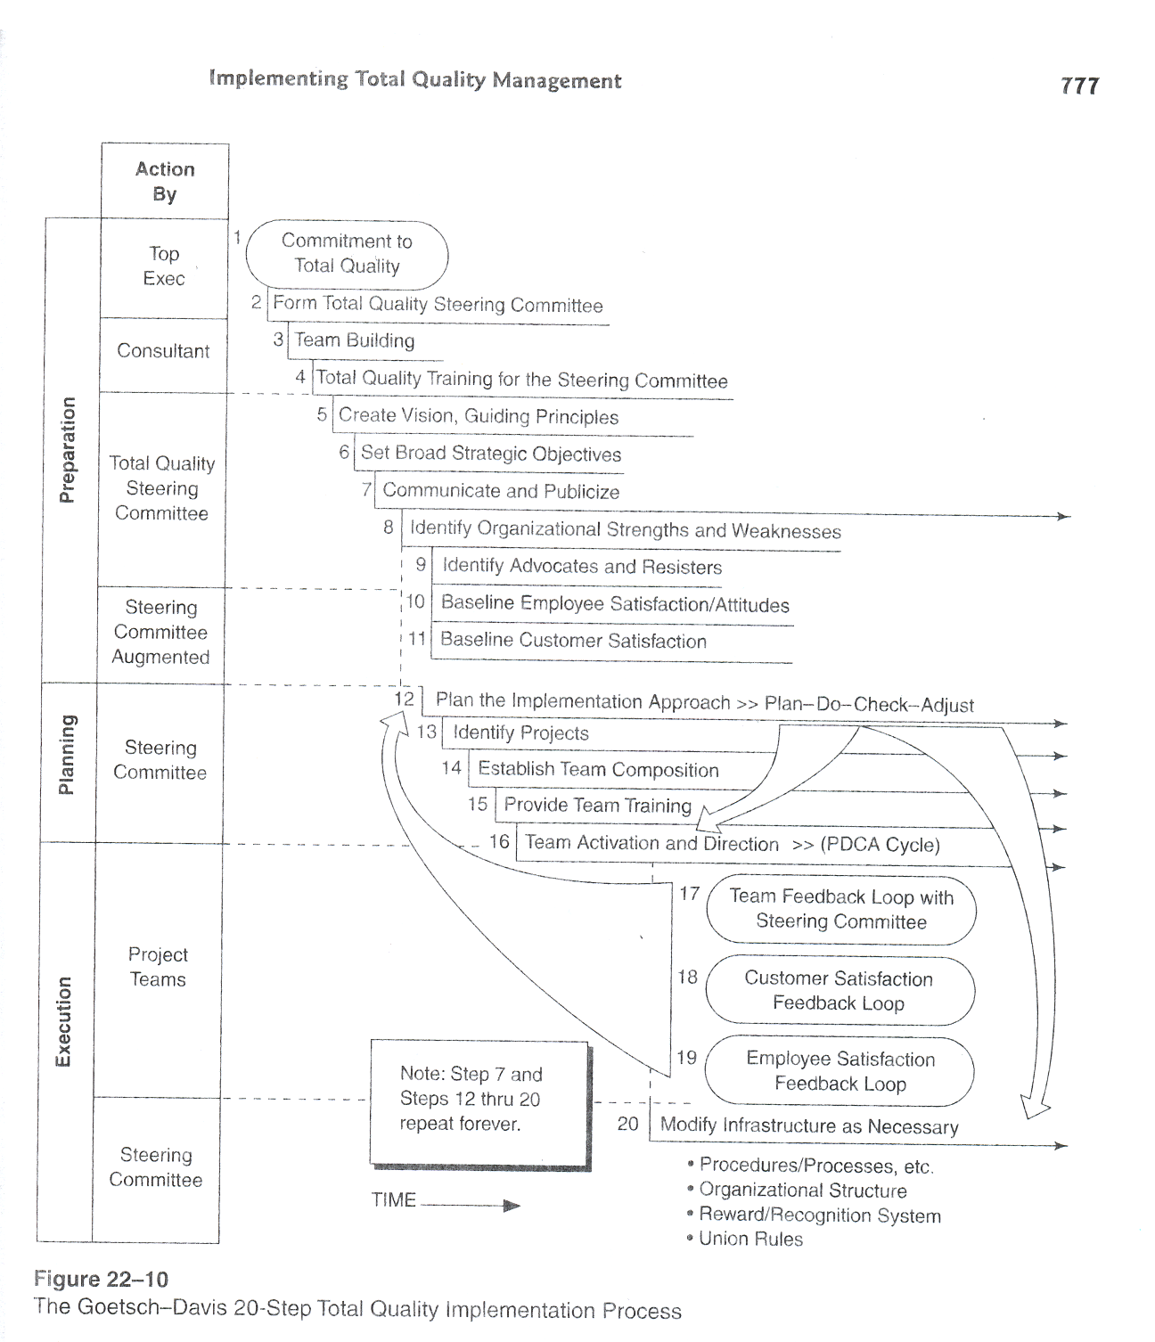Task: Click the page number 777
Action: point(1079,86)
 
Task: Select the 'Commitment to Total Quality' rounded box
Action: point(347,254)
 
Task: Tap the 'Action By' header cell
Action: point(165,181)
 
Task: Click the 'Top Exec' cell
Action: point(164,266)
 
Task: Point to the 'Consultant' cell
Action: point(163,351)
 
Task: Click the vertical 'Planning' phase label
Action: point(67,755)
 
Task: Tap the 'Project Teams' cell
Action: point(158,967)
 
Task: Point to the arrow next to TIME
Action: point(471,1206)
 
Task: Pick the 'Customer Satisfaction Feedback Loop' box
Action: point(840,991)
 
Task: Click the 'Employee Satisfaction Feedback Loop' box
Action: point(840,1071)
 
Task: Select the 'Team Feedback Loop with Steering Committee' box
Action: point(841,910)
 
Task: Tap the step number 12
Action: point(404,699)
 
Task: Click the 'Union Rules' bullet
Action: point(750,1239)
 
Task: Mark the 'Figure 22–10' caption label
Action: point(101,1280)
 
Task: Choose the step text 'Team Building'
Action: point(355,340)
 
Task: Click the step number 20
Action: point(627,1124)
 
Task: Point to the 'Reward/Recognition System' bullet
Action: point(819,1215)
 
